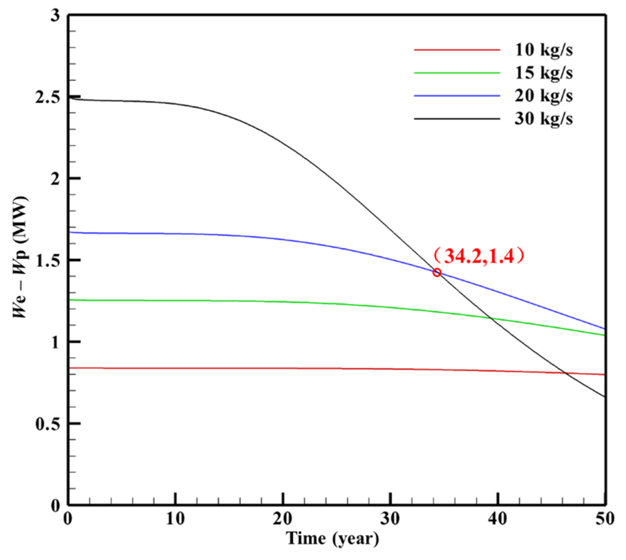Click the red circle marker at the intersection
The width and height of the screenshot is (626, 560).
point(437,272)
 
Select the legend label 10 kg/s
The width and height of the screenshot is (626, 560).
point(544,50)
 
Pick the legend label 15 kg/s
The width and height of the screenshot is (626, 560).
point(544,73)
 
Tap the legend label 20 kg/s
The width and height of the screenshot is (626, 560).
point(544,96)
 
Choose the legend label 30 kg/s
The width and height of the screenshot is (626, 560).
point(544,119)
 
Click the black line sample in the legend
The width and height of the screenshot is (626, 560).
point(457,118)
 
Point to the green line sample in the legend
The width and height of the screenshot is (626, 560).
point(457,73)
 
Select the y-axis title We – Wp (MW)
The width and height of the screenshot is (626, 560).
point(21,257)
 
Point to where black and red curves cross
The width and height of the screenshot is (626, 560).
point(566,373)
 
